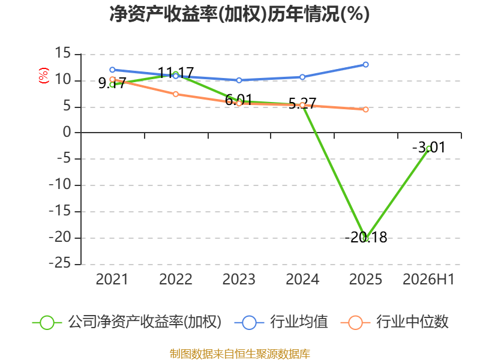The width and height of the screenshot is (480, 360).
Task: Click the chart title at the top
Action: tap(239, 14)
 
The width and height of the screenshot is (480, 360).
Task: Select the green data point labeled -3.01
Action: tap(429, 149)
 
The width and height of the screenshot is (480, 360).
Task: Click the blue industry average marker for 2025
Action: tap(365, 65)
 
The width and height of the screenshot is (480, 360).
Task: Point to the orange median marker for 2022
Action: tap(176, 94)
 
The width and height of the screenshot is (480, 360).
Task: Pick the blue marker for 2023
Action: tap(239, 80)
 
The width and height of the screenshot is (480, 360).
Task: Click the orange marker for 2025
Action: tap(365, 109)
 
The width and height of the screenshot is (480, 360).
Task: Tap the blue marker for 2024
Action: tap(302, 77)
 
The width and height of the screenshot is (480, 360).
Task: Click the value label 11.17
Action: tap(176, 73)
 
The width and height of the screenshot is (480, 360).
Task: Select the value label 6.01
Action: tap(238, 100)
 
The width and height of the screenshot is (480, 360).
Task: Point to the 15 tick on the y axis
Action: tap(63, 53)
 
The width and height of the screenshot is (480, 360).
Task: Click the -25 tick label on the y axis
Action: tap(60, 263)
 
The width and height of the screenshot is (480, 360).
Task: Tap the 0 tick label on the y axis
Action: tap(67, 132)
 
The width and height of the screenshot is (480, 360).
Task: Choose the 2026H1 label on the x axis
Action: tap(428, 279)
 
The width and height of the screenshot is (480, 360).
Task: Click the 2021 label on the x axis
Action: tap(112, 279)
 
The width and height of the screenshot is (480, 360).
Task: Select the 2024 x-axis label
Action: tap(302, 279)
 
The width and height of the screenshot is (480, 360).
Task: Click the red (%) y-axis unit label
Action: tap(43, 76)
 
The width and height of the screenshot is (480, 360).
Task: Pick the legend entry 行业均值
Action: tap(281, 322)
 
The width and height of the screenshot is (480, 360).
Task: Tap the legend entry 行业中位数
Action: tap(395, 322)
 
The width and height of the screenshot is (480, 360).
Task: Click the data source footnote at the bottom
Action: tap(239, 353)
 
